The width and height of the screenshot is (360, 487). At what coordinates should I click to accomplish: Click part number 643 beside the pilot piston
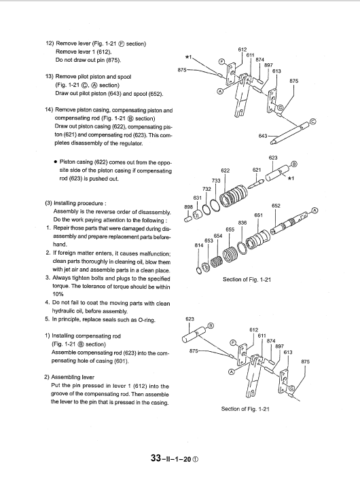(x=263, y=136)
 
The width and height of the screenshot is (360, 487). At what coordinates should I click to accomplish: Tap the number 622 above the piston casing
(x=226, y=170)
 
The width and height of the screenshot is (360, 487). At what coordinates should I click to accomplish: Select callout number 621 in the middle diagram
(x=257, y=170)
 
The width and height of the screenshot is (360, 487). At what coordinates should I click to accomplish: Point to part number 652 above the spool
(x=276, y=206)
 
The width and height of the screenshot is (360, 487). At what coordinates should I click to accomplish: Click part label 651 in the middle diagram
(x=258, y=215)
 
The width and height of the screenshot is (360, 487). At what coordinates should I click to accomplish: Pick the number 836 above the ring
(x=242, y=222)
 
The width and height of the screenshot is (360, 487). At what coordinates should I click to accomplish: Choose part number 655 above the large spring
(x=230, y=230)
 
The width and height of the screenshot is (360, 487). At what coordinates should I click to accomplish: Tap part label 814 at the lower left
(x=199, y=245)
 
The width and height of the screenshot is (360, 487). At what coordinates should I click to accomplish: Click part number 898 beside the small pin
(x=189, y=206)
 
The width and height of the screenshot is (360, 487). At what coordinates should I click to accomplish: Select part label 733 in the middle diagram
(x=216, y=181)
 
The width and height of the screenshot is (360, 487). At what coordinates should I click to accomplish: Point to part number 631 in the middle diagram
(x=197, y=198)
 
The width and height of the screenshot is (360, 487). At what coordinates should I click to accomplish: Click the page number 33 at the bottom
(x=156, y=458)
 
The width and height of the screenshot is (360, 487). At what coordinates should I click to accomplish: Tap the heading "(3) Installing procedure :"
(x=76, y=203)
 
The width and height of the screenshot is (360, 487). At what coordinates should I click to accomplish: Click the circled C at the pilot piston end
(x=313, y=122)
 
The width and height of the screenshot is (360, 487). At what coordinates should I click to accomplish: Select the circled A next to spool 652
(x=314, y=211)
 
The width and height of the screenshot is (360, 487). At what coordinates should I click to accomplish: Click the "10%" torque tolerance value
(x=58, y=294)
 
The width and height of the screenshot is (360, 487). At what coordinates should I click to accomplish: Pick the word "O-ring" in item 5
(x=147, y=320)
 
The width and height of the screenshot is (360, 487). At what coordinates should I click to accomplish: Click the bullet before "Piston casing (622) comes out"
(x=55, y=162)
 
